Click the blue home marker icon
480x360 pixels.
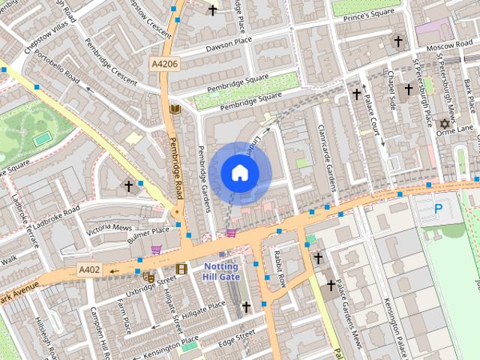click(239, 173)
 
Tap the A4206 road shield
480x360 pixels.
click(163, 64)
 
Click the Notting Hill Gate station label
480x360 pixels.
click(220, 271)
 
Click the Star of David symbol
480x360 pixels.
click(443, 123)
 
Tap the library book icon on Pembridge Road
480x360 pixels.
click(175, 109)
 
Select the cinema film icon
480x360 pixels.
click(181, 268)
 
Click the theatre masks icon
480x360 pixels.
click(148, 277)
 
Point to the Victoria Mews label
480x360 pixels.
click(109, 227)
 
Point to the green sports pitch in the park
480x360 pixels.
click(42, 138)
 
